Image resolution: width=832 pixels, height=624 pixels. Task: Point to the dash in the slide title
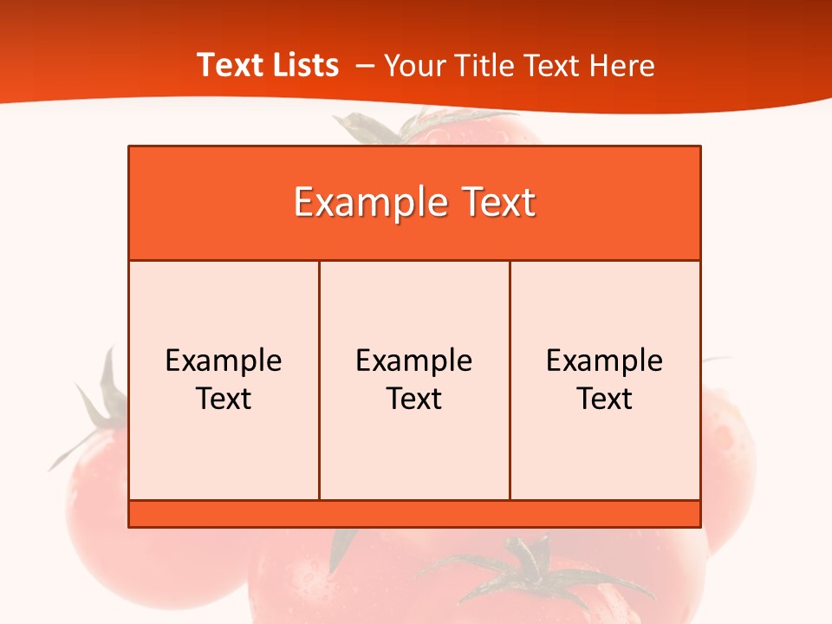(x=365, y=66)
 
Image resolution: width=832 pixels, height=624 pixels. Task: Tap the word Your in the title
(x=411, y=66)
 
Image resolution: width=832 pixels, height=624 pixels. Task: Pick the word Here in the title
(x=621, y=66)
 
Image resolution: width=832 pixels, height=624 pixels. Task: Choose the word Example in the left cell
(x=224, y=361)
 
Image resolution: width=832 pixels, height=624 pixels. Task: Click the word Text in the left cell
(x=224, y=399)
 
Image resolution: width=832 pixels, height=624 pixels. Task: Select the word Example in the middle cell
(x=414, y=361)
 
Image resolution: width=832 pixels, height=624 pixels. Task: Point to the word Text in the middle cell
(x=414, y=399)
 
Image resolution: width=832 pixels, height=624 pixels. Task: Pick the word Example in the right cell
(x=605, y=361)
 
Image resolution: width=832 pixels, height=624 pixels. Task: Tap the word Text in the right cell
(x=605, y=399)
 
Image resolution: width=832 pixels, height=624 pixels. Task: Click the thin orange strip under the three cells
(x=414, y=514)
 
